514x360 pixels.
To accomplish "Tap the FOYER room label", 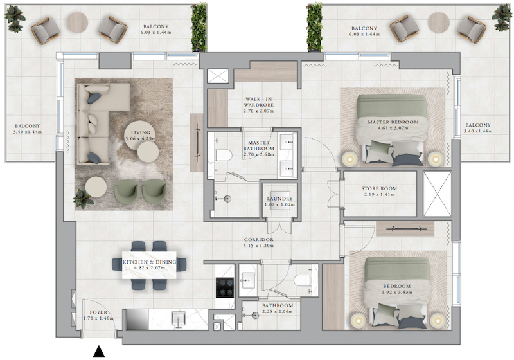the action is (98, 312).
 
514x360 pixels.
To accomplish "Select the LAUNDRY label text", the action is (279, 199).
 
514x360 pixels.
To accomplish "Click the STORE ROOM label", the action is (379, 188).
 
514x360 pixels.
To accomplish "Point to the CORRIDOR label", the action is (259, 240).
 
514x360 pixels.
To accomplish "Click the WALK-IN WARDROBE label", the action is (258, 102).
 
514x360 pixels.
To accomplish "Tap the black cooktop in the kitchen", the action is (225, 287).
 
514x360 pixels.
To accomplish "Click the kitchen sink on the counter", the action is (179, 318).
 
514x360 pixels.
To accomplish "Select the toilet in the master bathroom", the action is (224, 156).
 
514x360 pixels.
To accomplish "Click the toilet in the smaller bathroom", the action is (302, 280).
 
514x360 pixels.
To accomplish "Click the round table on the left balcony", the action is (77, 22).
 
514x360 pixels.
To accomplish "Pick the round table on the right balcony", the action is (439, 22).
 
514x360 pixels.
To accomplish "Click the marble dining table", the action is (150, 265).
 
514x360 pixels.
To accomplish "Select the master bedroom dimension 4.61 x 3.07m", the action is (393, 128).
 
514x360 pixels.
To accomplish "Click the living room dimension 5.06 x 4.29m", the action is (141, 138).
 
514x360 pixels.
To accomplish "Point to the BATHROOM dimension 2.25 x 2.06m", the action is (278, 312).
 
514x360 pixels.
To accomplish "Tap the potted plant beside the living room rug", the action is (82, 199).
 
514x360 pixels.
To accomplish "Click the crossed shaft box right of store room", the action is (438, 194).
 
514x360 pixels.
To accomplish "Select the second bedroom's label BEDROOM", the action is (396, 286).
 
